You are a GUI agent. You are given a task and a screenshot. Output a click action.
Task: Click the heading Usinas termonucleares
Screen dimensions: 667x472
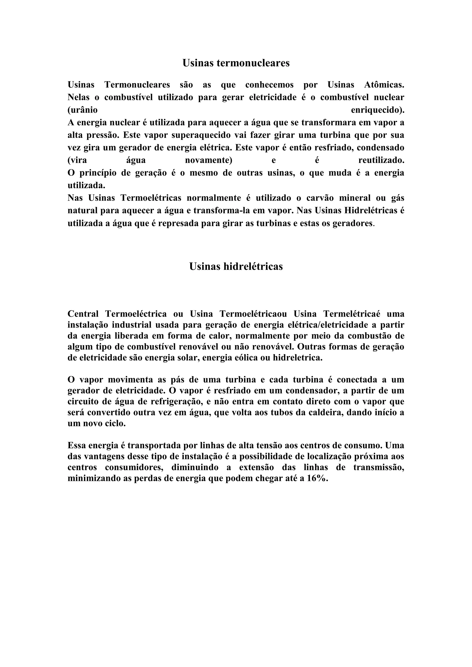click(236, 63)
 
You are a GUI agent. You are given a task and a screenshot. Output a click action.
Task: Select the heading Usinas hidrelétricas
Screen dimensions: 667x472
click(236, 266)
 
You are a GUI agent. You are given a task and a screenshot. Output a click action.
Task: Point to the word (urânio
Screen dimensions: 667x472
click(83, 110)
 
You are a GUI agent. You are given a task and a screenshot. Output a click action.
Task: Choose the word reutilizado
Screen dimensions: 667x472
click(381, 160)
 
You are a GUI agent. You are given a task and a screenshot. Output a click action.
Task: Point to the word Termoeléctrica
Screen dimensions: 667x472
click(136, 314)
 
